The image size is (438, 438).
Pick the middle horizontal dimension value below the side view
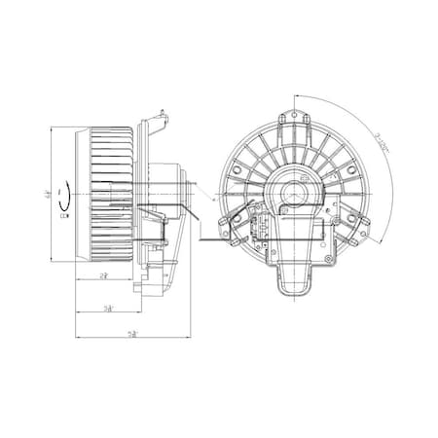(x=109, y=309)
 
